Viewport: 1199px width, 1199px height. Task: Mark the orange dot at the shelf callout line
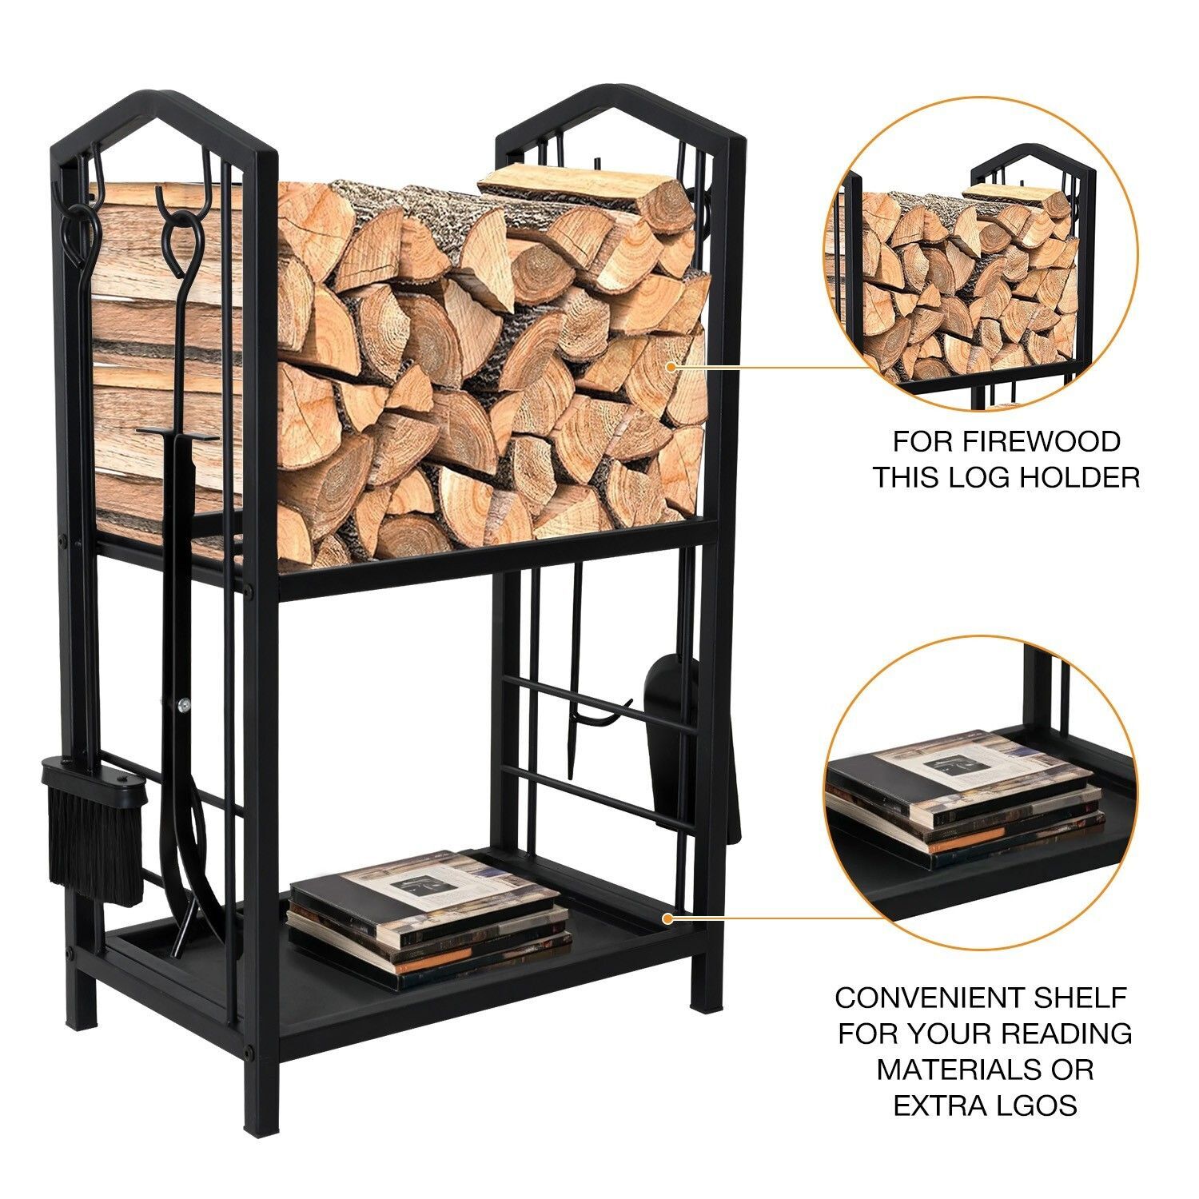668,918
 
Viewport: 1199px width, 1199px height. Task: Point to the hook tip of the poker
627,703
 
